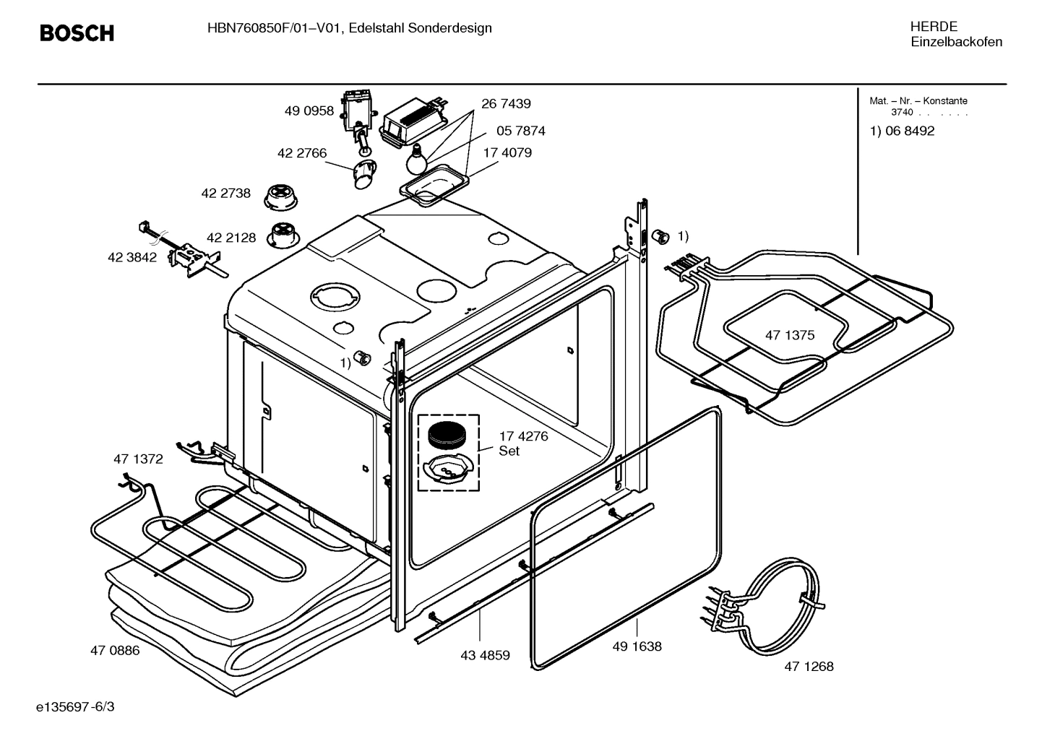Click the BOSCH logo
(77, 33)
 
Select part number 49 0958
(309, 111)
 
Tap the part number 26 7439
(506, 103)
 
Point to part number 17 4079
(507, 152)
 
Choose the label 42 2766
(301, 153)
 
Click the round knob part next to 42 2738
(278, 196)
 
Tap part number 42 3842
(132, 257)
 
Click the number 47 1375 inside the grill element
(790, 335)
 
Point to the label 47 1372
(138, 459)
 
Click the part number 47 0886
(115, 650)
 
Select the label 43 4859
(485, 655)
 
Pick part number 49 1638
(637, 646)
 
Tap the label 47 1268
(809, 666)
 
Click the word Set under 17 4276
(509, 451)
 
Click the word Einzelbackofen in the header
(956, 42)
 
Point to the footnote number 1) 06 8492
(902, 131)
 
